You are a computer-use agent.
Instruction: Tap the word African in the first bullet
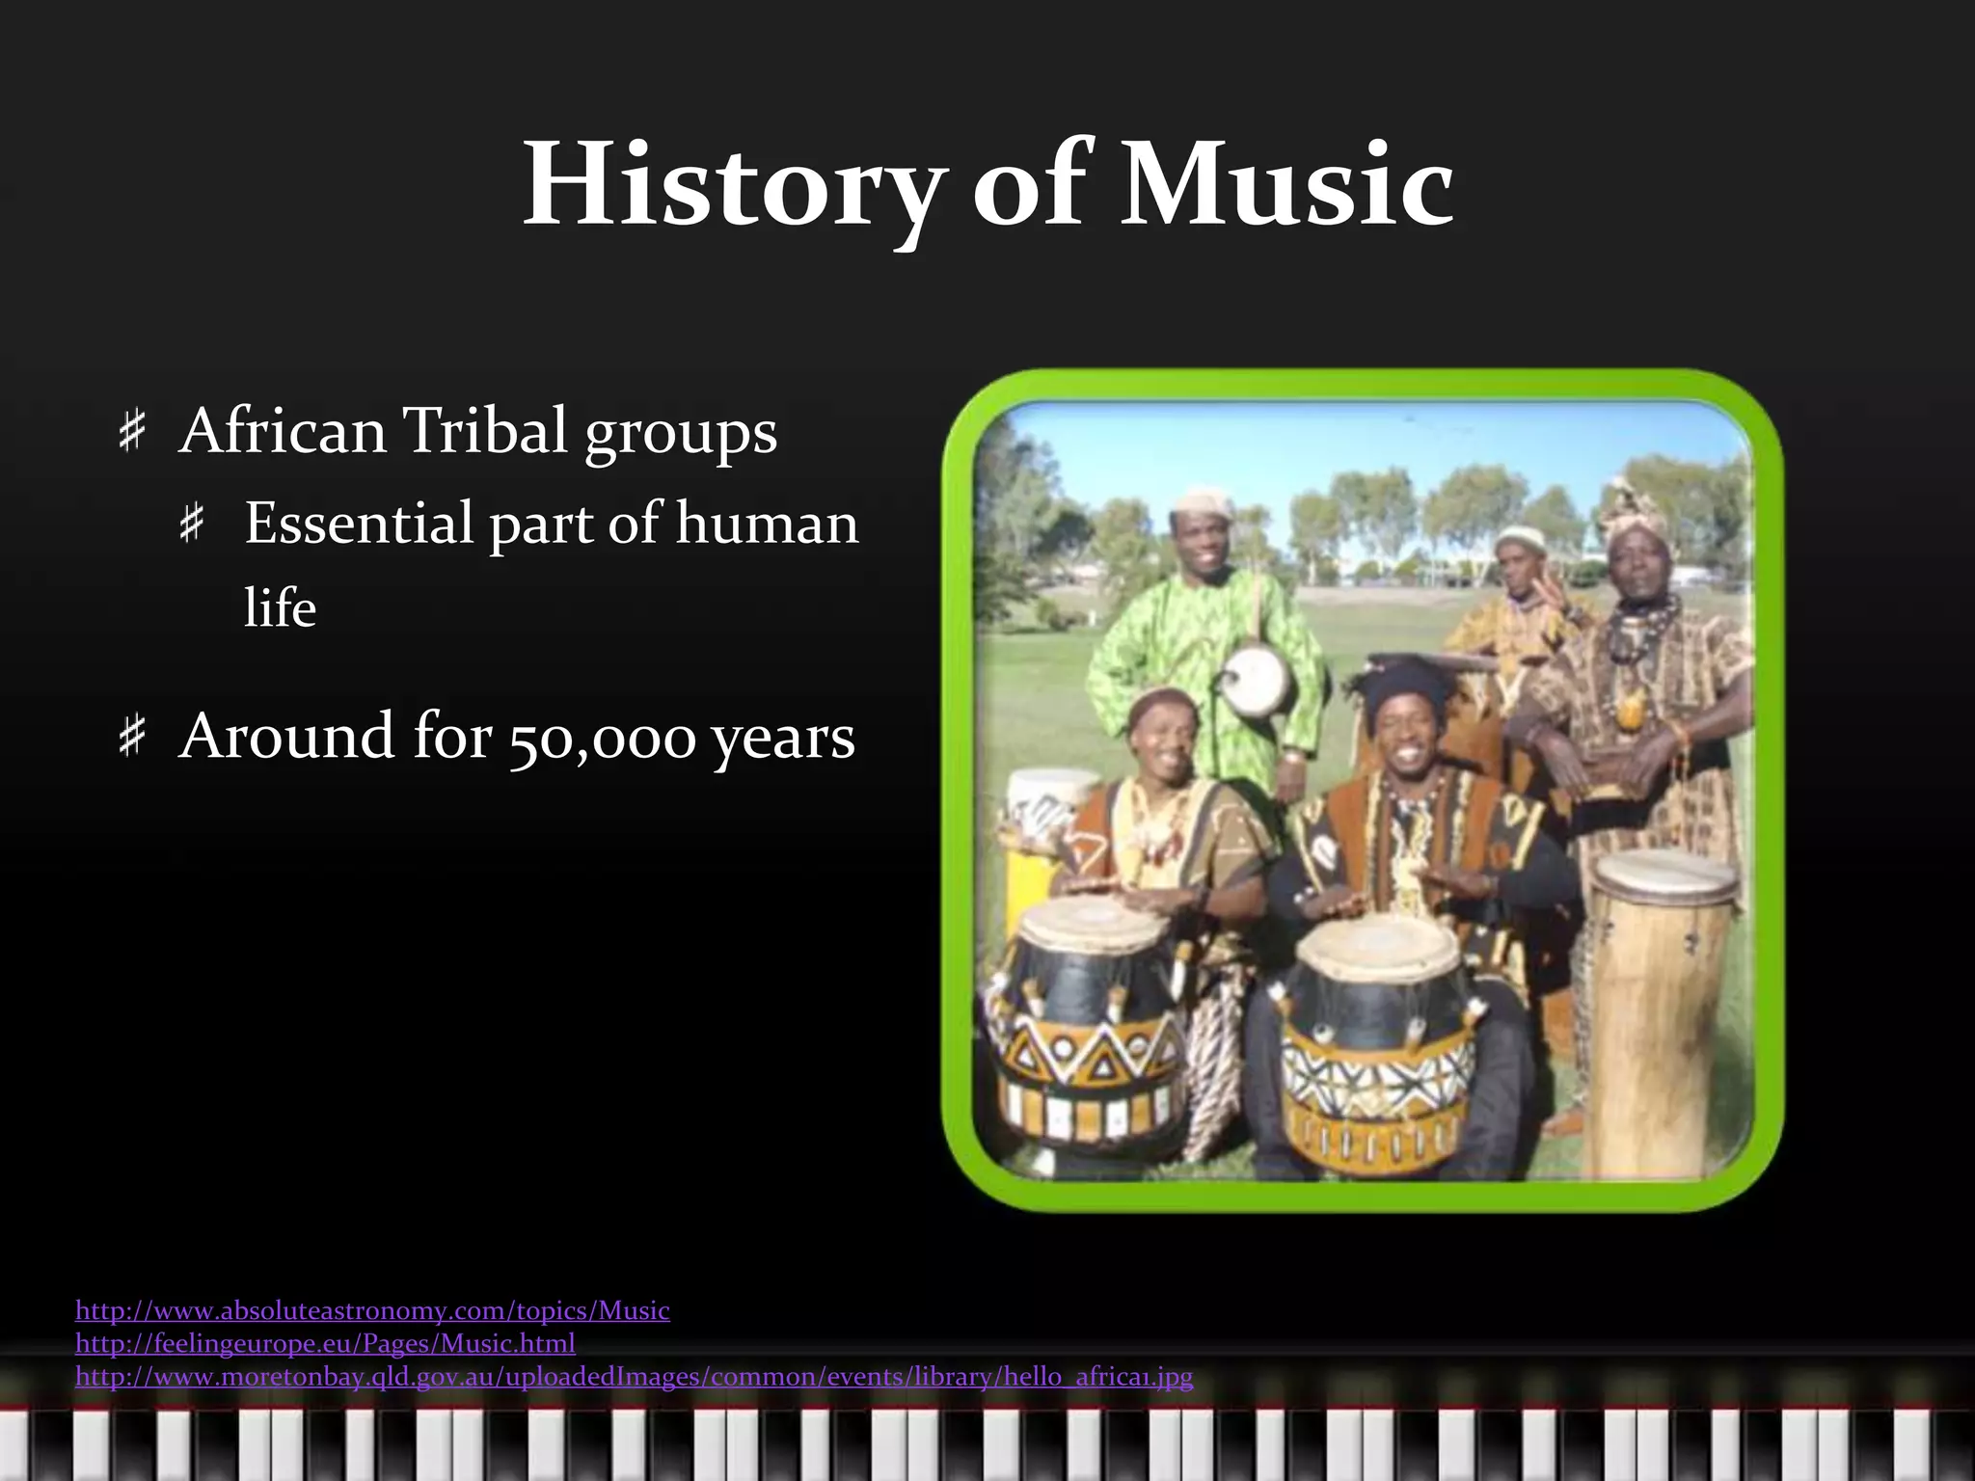(x=283, y=430)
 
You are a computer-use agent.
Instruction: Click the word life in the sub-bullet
(x=280, y=608)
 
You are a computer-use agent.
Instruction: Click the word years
(x=783, y=738)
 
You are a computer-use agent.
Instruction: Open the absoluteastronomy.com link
(x=372, y=1310)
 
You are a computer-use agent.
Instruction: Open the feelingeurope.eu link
(x=325, y=1343)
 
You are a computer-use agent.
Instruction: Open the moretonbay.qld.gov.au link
(x=634, y=1376)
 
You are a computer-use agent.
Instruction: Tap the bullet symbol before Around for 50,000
(x=131, y=738)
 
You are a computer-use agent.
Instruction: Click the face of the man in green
(x=1202, y=540)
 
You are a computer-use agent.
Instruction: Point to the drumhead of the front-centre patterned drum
(x=1377, y=942)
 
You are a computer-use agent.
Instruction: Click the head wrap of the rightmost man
(x=1634, y=506)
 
